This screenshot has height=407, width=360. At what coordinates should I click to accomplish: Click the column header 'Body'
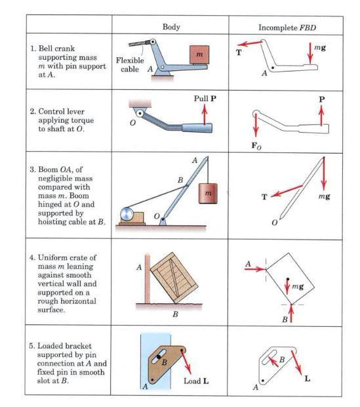pyautogui.click(x=171, y=27)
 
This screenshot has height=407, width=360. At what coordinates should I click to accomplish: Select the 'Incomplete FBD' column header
pyautogui.click(x=287, y=28)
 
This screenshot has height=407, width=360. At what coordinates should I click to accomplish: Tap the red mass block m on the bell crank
pyautogui.click(x=199, y=54)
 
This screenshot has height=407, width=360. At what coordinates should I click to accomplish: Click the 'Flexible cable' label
pyautogui.click(x=130, y=64)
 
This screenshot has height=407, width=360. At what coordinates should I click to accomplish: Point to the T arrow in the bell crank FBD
pyautogui.click(x=250, y=43)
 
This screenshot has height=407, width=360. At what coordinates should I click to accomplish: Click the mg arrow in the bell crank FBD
pyautogui.click(x=310, y=53)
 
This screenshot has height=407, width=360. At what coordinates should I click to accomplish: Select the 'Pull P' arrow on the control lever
pyautogui.click(x=205, y=114)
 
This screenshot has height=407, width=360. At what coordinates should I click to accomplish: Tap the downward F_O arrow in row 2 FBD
pyautogui.click(x=256, y=125)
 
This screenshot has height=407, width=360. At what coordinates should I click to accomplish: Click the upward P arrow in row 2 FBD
pyautogui.click(x=321, y=116)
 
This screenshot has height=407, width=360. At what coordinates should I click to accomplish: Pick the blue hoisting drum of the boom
pyautogui.click(x=127, y=214)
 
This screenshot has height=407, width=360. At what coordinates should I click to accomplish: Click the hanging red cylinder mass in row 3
pyautogui.click(x=208, y=194)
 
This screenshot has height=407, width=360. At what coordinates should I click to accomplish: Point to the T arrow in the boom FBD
pyautogui.click(x=287, y=191)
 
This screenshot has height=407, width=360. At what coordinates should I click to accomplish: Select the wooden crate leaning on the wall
pyautogui.click(x=174, y=278)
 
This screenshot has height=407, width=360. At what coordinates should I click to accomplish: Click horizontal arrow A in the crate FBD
pyautogui.click(x=255, y=269)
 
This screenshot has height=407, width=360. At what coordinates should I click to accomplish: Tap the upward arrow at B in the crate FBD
pyautogui.click(x=291, y=313)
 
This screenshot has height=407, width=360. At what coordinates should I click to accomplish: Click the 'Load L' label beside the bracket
pyautogui.click(x=196, y=381)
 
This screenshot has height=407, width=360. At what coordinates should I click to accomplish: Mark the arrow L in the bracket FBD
pyautogui.click(x=296, y=362)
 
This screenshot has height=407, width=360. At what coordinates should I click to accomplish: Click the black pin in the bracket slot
pyautogui.click(x=159, y=357)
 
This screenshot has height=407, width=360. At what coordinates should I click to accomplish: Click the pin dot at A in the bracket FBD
pyautogui.click(x=263, y=381)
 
